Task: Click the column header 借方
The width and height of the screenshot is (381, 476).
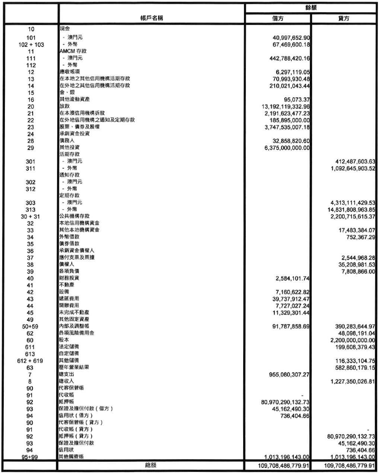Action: (277, 19)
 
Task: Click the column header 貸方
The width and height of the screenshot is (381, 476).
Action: (344, 19)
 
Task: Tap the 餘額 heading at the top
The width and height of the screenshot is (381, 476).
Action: (311, 7)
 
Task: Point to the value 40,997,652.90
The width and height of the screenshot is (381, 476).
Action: (292, 38)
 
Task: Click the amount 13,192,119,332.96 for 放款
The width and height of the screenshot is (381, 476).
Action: (286, 107)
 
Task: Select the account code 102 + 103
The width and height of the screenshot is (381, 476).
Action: (31, 45)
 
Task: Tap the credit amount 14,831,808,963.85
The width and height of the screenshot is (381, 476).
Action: (351, 210)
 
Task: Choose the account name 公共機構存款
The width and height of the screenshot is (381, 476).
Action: (74, 216)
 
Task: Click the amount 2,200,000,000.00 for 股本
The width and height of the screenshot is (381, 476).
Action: (352, 340)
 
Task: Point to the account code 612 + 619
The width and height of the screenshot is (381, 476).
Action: (30, 361)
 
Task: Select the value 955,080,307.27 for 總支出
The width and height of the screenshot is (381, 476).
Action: (289, 375)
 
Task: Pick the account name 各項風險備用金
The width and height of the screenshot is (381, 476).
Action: (77, 333)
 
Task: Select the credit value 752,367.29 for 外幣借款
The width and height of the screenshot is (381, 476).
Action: (360, 237)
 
